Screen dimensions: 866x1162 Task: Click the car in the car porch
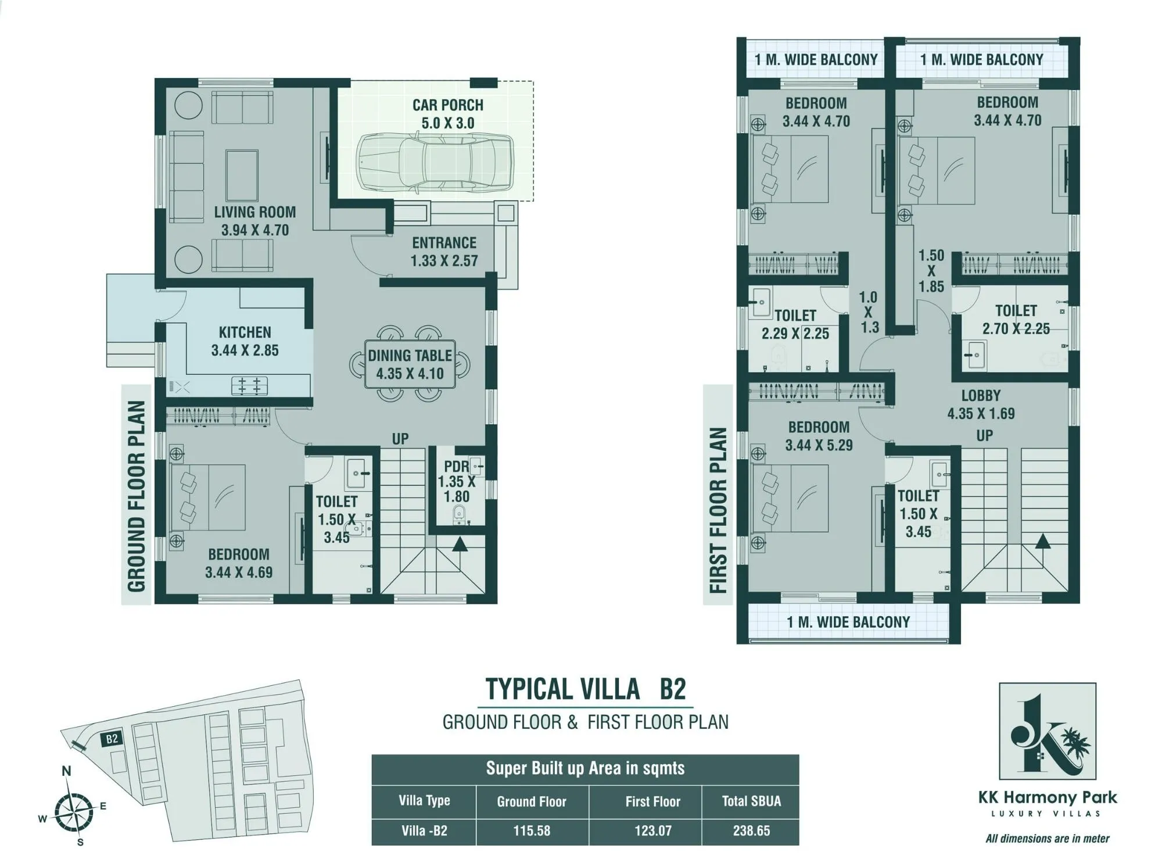(x=435, y=163)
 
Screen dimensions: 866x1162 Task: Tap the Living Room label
(x=254, y=221)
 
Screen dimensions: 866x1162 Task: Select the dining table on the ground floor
(x=410, y=364)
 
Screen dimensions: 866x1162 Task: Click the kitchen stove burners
(x=250, y=385)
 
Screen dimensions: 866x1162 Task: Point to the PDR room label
(x=457, y=481)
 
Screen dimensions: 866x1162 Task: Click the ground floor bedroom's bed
(x=207, y=498)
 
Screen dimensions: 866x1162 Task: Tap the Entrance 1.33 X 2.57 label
(x=444, y=252)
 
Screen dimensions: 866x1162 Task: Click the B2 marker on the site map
(x=112, y=739)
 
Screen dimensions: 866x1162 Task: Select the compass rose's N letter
(x=66, y=771)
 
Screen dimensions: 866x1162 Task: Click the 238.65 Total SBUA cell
(x=751, y=831)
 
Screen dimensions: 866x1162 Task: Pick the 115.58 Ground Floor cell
(x=532, y=831)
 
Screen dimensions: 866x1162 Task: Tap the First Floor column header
(x=652, y=801)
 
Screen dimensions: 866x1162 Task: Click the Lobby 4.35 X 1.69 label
(x=981, y=405)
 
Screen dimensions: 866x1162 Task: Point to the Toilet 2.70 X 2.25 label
(x=1016, y=320)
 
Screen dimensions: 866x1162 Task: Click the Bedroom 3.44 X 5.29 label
(x=819, y=436)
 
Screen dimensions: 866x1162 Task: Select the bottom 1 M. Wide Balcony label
(x=848, y=622)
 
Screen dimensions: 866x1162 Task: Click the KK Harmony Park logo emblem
(x=1047, y=731)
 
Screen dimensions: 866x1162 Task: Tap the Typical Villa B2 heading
(x=586, y=689)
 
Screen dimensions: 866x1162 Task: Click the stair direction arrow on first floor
(x=1043, y=542)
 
